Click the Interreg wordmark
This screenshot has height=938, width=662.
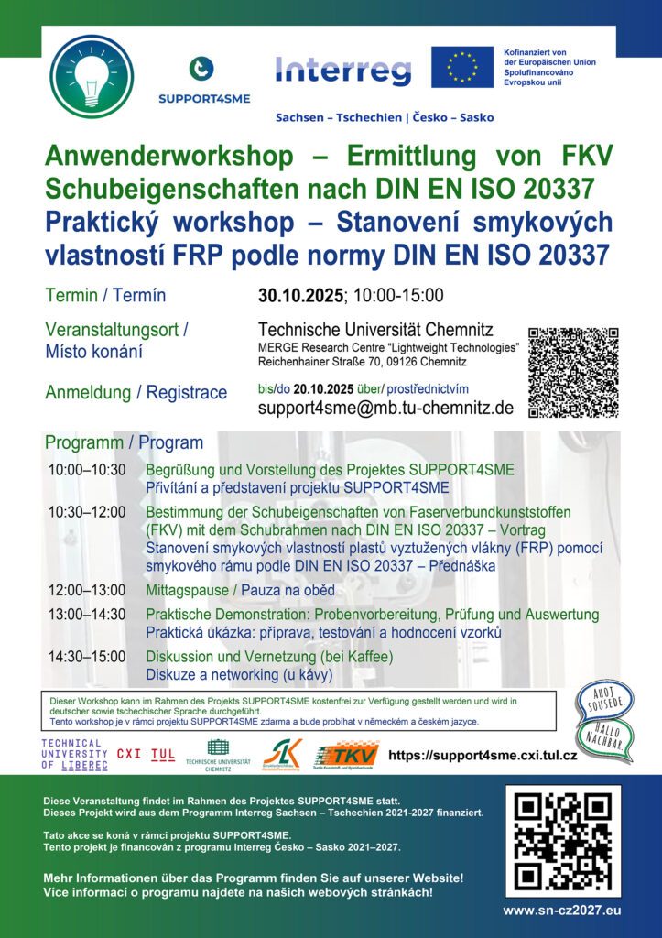343,70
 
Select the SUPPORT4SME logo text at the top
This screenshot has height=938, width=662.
204,98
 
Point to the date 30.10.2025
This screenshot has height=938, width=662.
300,295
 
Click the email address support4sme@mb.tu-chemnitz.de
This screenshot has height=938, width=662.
385,408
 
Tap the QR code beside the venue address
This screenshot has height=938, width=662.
573,372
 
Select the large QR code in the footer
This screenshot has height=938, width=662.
562,841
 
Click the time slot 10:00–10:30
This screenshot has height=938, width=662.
87,470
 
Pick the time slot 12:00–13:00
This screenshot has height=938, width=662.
87,591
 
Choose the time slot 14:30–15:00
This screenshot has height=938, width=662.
87,657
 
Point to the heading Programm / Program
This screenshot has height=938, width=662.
124,443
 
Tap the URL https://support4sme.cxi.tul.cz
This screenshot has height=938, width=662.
483,755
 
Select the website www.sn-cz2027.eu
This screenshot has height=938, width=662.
561,910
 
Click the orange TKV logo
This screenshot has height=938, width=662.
346,754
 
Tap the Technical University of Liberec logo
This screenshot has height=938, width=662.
74,753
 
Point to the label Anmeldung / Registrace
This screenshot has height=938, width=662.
136,393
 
